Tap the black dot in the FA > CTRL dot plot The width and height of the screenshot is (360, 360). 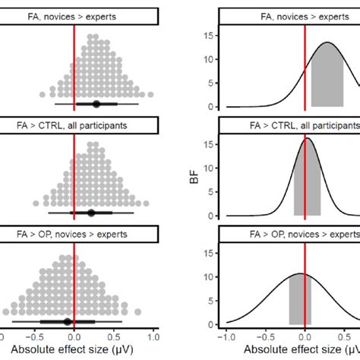point(91,213)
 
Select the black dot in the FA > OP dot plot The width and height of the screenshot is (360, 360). point(68,321)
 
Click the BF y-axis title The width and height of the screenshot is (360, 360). point(196,180)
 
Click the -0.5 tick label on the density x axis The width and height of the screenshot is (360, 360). point(265,335)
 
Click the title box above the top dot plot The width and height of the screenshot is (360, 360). point(79,14)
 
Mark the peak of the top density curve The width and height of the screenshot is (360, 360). point(327,43)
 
